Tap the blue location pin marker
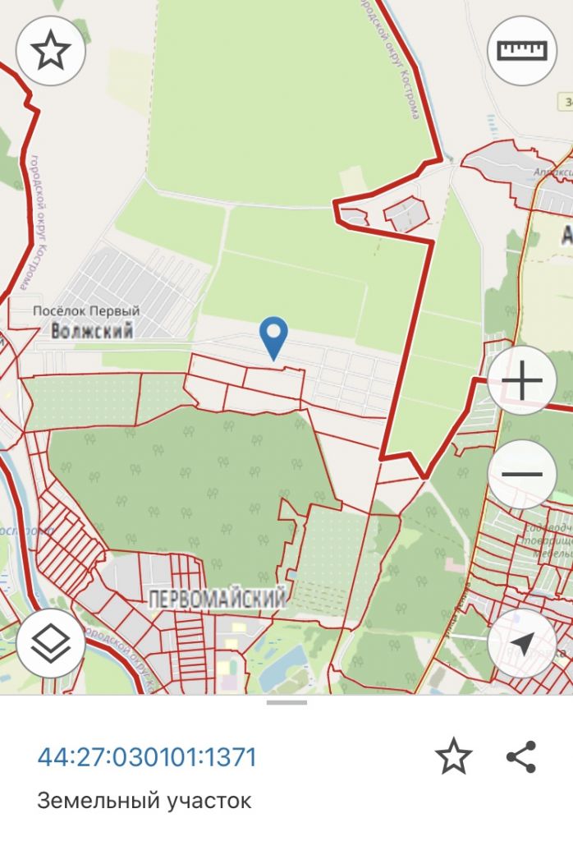tap(273, 335)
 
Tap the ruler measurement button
tap(521, 51)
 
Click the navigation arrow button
tap(521, 642)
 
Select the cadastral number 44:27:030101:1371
tap(147, 756)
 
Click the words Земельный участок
tap(144, 800)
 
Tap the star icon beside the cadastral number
tap(453, 756)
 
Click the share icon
tap(521, 756)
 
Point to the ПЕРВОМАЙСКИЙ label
tap(218, 600)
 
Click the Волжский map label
tap(91, 332)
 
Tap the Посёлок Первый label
tap(86, 311)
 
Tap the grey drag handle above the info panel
tap(286, 702)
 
